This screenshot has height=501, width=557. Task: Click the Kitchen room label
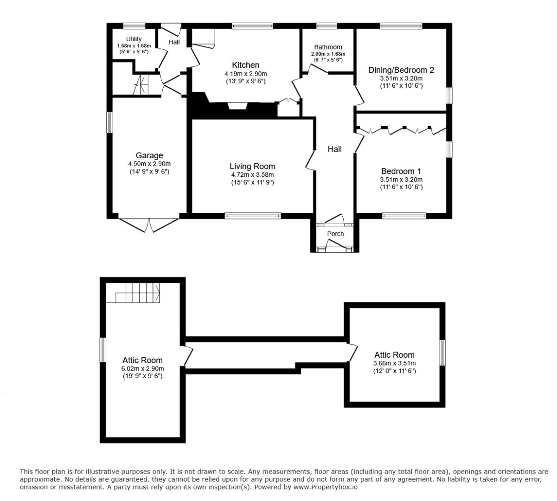tap(245, 65)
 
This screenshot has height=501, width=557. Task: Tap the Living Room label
tap(252, 166)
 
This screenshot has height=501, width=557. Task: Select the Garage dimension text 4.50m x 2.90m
tap(149, 164)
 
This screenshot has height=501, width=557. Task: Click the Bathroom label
tap(328, 47)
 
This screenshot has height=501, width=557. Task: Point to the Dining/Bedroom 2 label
tap(401, 70)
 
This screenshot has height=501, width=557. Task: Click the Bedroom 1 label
tap(401, 171)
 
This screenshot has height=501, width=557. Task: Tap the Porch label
tap(335, 234)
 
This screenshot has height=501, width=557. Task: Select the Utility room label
tap(134, 39)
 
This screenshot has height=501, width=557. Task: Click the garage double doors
tap(149, 225)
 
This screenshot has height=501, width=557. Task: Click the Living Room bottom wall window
tap(253, 215)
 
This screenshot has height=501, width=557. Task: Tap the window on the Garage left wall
tap(109, 122)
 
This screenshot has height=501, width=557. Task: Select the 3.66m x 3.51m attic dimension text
tap(394, 363)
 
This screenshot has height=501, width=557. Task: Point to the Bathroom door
tap(319, 69)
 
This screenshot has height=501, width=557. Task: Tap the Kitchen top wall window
tap(250, 26)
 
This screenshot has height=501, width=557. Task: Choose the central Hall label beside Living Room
tap(334, 149)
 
